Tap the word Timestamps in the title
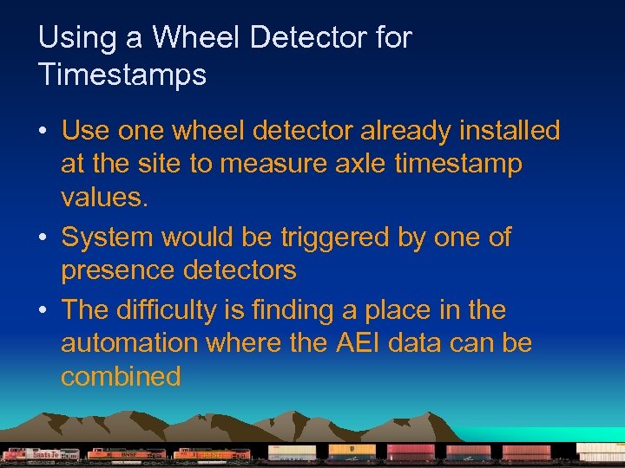click(122, 75)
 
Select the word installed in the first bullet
click(506, 131)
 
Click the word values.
click(104, 197)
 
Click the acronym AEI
click(357, 343)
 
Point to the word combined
click(121, 376)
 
